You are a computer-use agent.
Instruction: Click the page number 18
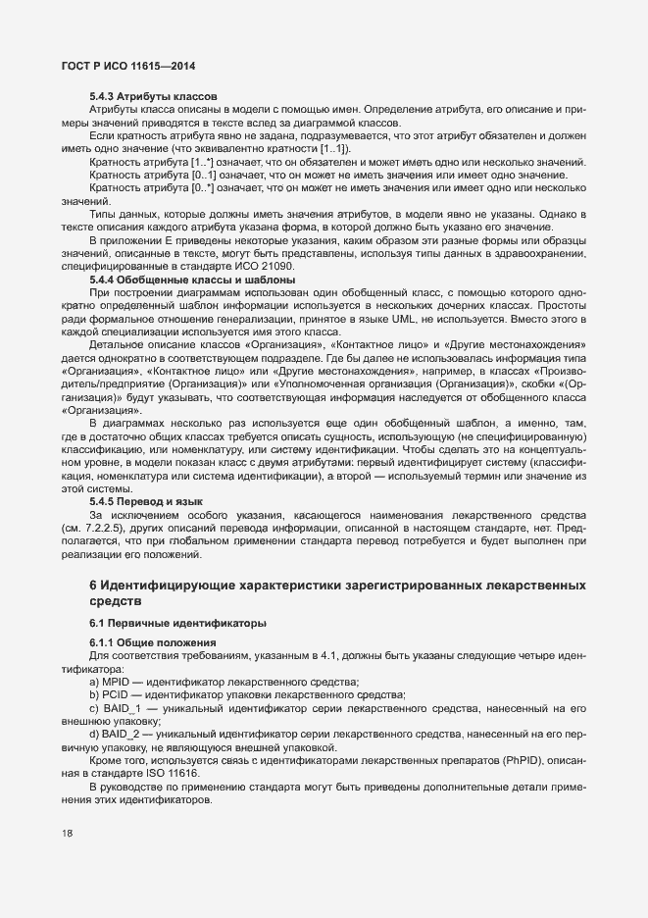(x=67, y=834)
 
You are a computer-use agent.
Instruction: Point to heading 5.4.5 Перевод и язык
(x=147, y=500)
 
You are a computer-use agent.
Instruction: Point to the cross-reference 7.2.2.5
(x=123, y=527)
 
